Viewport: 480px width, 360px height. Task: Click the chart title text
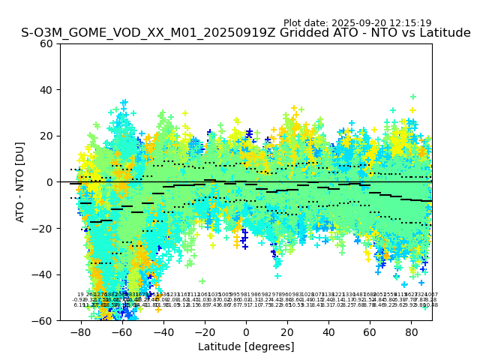pos(246,33)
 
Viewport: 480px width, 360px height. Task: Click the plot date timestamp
pos(357,23)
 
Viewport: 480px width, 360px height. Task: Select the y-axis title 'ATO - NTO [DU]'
pos(21,182)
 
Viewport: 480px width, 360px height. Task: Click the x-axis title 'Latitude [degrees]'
pos(246,346)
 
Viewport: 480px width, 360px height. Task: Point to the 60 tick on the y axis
pos(47,43)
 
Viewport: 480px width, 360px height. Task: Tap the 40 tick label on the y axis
pos(47,90)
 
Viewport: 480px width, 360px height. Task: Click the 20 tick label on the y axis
pos(47,136)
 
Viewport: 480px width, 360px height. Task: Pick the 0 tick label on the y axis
pos(50,182)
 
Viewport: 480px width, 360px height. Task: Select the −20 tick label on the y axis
pos(44,229)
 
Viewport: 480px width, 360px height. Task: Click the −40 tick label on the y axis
pos(44,274)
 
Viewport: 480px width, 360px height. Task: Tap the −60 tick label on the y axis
pos(44,321)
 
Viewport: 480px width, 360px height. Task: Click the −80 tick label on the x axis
pos(81,331)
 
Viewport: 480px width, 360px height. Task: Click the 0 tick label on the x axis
pos(246,331)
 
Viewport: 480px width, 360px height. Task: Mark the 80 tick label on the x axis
pos(411,331)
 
